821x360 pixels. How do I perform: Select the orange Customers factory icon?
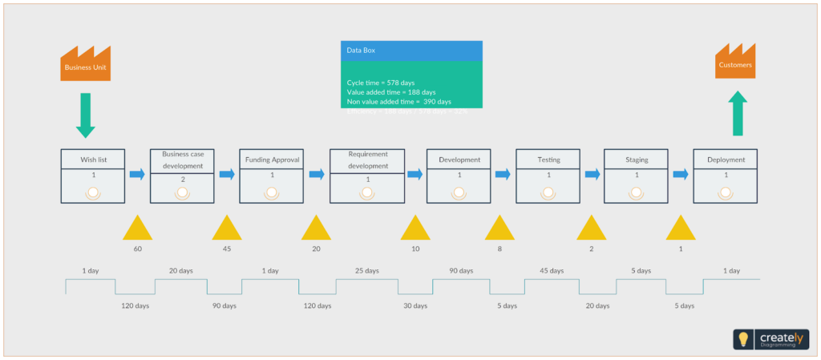pyautogui.click(x=734, y=63)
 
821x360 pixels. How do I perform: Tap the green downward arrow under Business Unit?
pyautogui.click(x=85, y=115)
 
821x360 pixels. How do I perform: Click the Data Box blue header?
pyautogui.click(x=411, y=50)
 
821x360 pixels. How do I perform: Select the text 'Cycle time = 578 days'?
pyautogui.click(x=381, y=83)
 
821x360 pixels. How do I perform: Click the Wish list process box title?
pyautogui.click(x=93, y=160)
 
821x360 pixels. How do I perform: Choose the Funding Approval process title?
pyautogui.click(x=272, y=160)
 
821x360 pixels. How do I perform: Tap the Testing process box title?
pyautogui.click(x=548, y=160)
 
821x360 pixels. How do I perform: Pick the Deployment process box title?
pyautogui.click(x=726, y=160)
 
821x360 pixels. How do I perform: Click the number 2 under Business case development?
pyautogui.click(x=182, y=180)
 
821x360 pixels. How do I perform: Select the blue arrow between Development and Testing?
pyautogui.click(x=503, y=174)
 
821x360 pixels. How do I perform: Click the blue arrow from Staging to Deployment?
pyautogui.click(x=680, y=174)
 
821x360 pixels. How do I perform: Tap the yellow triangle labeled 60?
pyautogui.click(x=137, y=230)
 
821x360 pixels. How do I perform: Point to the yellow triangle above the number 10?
pyautogui.click(x=415, y=230)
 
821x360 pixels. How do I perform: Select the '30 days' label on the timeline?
pyautogui.click(x=415, y=305)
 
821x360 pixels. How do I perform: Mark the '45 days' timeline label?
pyautogui.click(x=552, y=271)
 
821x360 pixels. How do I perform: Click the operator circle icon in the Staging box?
pyautogui.click(x=637, y=192)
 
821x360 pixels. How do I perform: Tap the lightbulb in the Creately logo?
pyautogui.click(x=743, y=339)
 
